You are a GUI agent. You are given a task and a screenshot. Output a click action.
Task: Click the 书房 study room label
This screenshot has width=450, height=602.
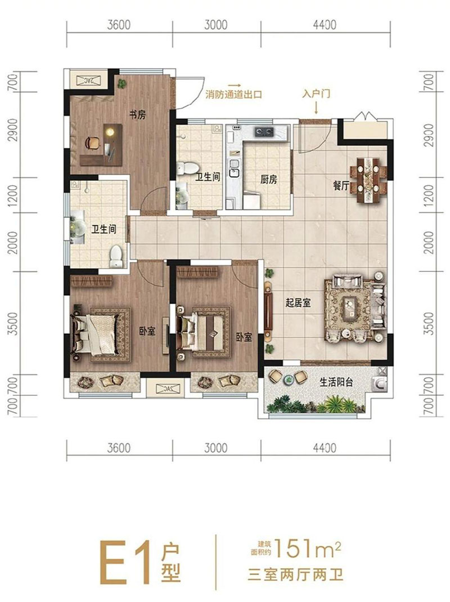(x=138, y=115)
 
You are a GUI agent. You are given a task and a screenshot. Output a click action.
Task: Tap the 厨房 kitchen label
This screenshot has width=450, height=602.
(x=269, y=180)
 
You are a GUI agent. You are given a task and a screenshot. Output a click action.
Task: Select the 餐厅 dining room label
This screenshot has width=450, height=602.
(x=341, y=186)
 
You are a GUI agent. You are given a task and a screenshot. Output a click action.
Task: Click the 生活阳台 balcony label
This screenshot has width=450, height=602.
(x=336, y=382)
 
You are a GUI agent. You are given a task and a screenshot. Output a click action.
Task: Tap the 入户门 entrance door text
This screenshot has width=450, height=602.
(x=315, y=95)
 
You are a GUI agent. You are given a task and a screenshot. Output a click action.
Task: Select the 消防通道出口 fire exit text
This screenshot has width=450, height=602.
(x=234, y=95)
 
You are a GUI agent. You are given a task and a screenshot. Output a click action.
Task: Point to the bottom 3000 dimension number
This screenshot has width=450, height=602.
(x=215, y=448)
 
